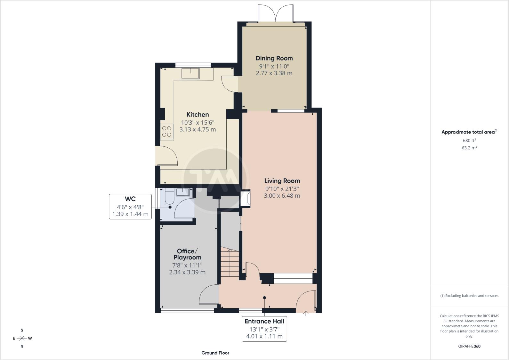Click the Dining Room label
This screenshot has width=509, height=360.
[274, 58]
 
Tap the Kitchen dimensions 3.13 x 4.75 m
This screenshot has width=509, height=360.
[198, 130]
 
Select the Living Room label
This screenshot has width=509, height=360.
[282, 181]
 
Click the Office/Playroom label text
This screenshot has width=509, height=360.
[187, 254]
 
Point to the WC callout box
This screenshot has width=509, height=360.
[130, 206]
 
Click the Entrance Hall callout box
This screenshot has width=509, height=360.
[264, 329]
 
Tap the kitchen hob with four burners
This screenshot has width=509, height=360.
[167, 131]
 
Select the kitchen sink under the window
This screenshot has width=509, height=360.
[190, 73]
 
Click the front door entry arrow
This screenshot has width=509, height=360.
[306, 314]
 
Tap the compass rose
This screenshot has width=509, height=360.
[22, 338]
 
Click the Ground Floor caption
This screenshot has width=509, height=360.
[215, 353]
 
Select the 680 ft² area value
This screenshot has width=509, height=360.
[469, 140]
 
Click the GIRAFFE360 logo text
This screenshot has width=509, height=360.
[469, 346]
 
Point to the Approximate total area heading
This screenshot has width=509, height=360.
[469, 132]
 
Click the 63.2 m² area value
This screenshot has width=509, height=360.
[469, 148]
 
